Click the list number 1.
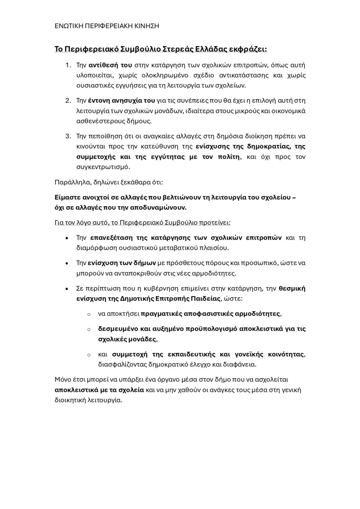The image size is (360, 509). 68,65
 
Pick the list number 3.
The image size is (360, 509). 68,136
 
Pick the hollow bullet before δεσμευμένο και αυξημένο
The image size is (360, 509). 89,329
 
